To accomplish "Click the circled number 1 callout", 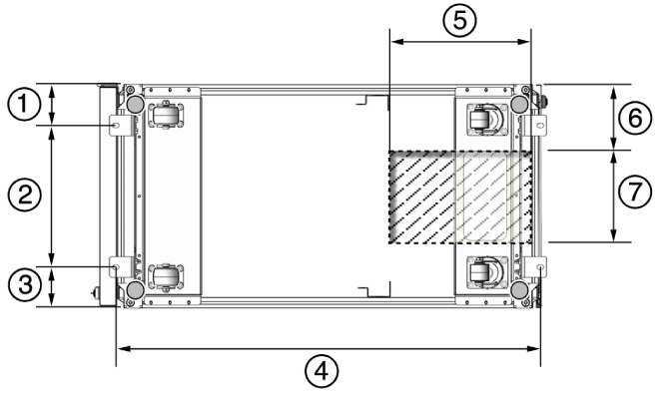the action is point(24,104).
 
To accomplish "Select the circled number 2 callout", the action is point(24,195).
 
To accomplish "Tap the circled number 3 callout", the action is point(24,285).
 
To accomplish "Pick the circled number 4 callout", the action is point(322,371).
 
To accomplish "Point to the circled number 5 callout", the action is point(460,20).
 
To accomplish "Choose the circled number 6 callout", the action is point(635,118).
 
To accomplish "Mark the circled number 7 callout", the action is point(635,192).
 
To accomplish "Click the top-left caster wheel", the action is point(164,115).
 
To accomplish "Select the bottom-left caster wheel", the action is point(164,276).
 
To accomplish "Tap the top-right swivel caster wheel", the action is point(487,119).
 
